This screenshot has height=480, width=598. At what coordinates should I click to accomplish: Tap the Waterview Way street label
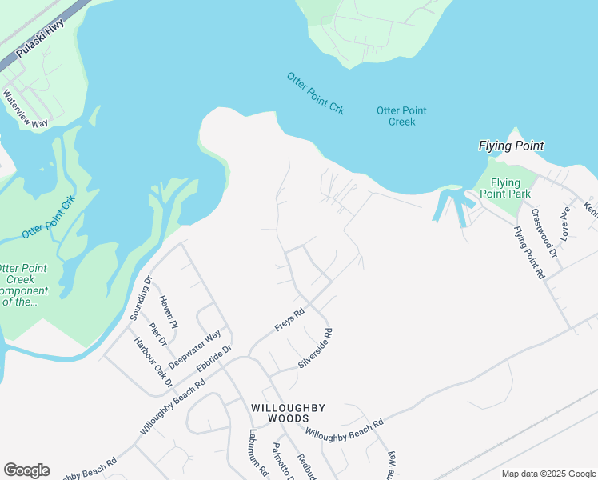pyautogui.click(x=26, y=109)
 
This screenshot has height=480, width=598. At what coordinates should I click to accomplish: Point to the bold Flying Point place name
pyautogui.click(x=511, y=146)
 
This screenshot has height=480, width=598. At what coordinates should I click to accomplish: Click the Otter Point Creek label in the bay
pyautogui.click(x=401, y=116)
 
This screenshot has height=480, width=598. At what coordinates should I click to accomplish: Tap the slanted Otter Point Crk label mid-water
pyautogui.click(x=315, y=93)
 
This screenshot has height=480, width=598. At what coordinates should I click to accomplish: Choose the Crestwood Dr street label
pyautogui.click(x=542, y=233)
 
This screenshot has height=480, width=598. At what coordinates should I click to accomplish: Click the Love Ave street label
pyautogui.click(x=565, y=224)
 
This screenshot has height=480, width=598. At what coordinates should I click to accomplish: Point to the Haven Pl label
pyautogui.click(x=168, y=311)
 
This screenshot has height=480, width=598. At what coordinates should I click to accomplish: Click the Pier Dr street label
pyautogui.click(x=157, y=334)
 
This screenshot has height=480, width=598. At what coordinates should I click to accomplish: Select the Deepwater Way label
pyautogui.click(x=194, y=349)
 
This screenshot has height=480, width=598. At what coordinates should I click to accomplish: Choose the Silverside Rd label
pyautogui.click(x=315, y=348)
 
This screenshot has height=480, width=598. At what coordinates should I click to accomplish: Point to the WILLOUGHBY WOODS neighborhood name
pyautogui.click(x=288, y=413)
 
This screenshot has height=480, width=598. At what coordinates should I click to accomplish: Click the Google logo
pyautogui.click(x=26, y=470)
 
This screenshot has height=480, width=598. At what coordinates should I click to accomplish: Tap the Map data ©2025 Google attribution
pyautogui.click(x=548, y=474)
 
